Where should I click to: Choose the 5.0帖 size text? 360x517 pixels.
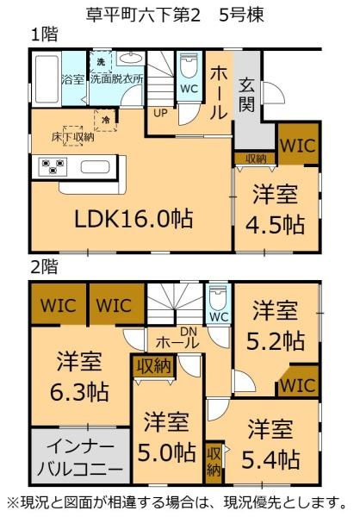(x=166, y=451)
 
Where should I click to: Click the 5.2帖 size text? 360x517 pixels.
(x=275, y=339)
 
